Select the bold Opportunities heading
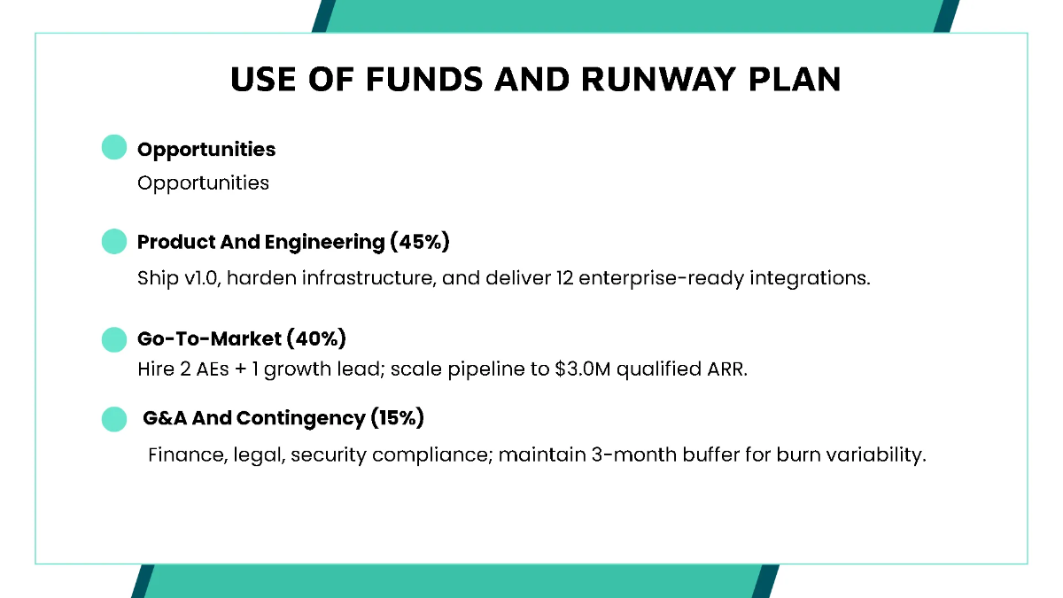tap(206, 150)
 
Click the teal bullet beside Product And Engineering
tap(114, 241)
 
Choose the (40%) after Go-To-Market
tap(316, 338)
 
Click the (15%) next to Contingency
tap(397, 418)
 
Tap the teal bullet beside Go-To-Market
tap(114, 339)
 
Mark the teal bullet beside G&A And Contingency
tap(114, 419)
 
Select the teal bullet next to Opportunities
tap(114, 147)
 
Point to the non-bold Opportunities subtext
tap(203, 183)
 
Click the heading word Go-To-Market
tap(208, 338)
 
